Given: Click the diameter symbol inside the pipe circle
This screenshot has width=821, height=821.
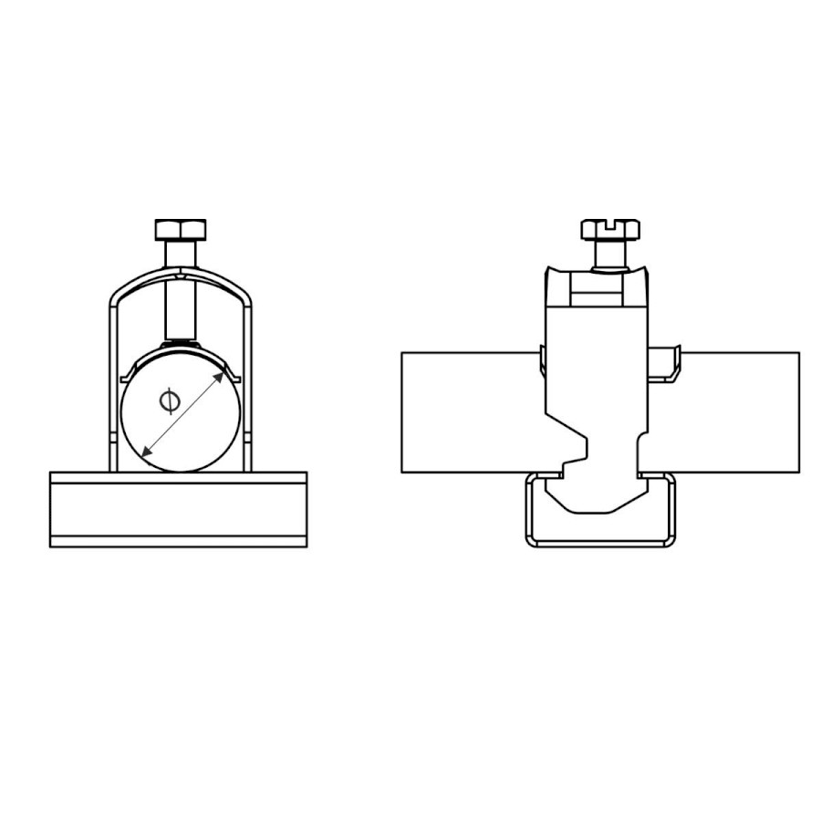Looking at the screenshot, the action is point(170,401).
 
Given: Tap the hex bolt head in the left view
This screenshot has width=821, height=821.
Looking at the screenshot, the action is point(181,229).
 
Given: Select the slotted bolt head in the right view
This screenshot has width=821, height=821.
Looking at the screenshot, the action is point(610,229).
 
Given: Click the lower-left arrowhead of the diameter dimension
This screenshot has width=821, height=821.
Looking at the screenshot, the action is point(148,450).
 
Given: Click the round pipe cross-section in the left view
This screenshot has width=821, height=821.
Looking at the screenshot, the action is point(181,413).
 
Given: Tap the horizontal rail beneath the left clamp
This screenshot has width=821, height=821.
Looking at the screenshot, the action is point(179,509).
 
